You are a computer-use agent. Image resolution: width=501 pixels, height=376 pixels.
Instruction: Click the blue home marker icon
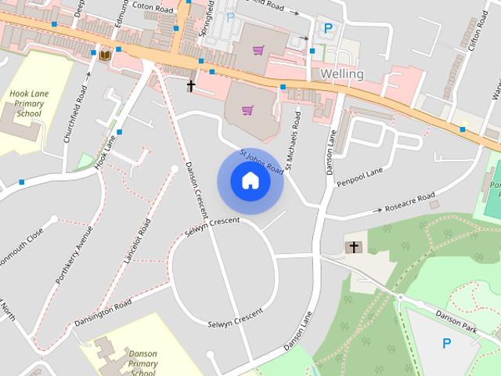pyautogui.click(x=250, y=181)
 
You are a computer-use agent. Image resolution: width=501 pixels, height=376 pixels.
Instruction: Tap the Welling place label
pyautogui.click(x=342, y=74)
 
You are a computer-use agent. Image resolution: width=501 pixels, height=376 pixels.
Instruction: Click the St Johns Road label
pyautogui.click(x=261, y=161)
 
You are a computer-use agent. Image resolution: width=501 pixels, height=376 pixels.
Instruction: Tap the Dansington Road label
pyautogui.click(x=103, y=313)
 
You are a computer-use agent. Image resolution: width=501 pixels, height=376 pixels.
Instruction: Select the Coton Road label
pyautogui.click(x=152, y=6)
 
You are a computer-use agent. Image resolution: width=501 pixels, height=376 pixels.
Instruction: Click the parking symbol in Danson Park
pyautogui.click(x=447, y=342)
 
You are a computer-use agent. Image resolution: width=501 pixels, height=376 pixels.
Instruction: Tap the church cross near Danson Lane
pyautogui.click(x=354, y=248)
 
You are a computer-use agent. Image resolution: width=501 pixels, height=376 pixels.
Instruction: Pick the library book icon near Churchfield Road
pyautogui.click(x=104, y=54)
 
